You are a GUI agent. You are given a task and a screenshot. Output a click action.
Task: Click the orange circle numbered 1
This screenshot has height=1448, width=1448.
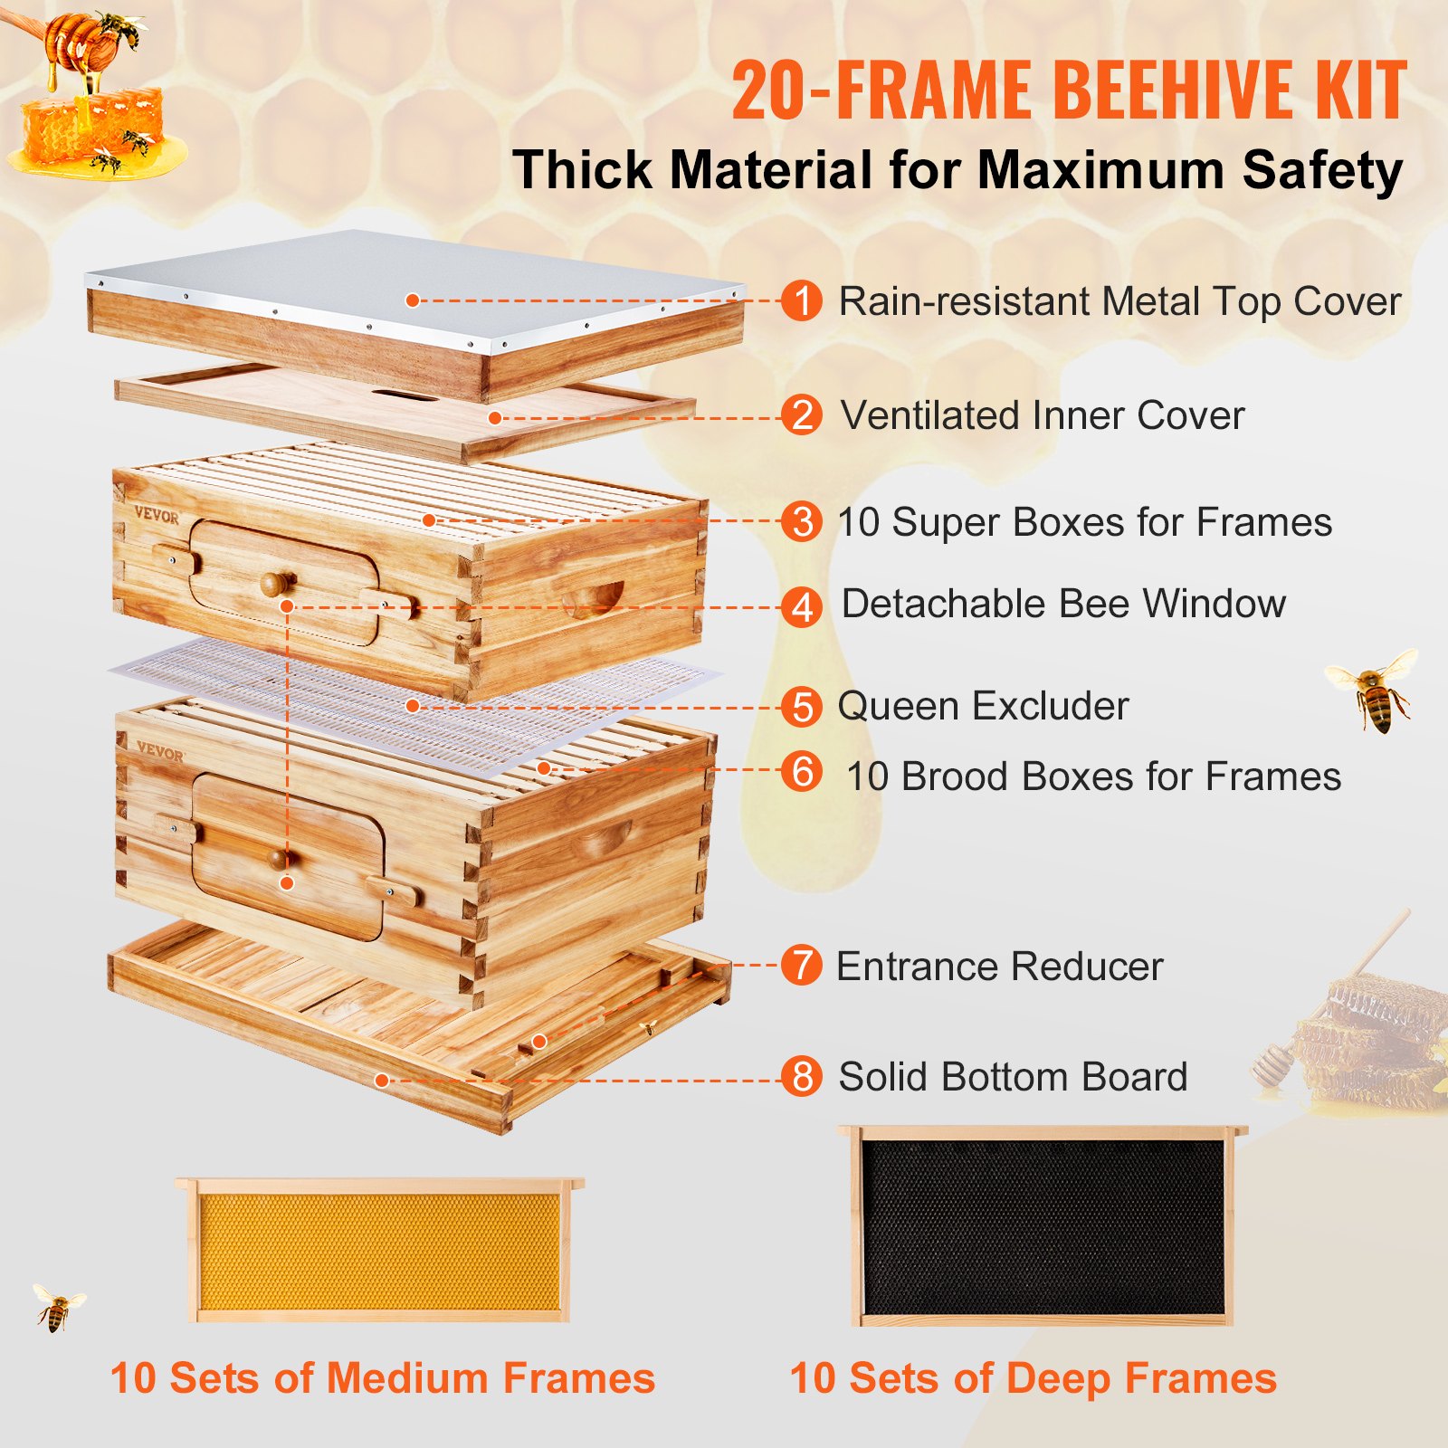click(x=801, y=300)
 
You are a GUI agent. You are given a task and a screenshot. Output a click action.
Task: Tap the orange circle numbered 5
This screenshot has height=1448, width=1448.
click(x=801, y=707)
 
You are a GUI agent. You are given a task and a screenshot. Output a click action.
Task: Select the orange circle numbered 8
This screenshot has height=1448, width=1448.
click(x=801, y=1077)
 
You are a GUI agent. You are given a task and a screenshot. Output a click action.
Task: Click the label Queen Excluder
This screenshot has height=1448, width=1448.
click(x=983, y=706)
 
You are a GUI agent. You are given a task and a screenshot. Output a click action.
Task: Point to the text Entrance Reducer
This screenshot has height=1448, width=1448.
click(x=999, y=967)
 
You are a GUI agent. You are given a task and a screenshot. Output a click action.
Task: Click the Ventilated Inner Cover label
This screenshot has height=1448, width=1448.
click(x=1042, y=416)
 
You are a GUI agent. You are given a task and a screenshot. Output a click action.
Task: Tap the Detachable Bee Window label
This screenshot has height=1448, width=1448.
click(x=1062, y=604)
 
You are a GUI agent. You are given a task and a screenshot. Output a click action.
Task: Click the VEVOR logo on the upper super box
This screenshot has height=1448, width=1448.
click(x=157, y=515)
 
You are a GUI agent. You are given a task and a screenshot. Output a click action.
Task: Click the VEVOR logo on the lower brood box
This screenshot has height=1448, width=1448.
click(x=159, y=750)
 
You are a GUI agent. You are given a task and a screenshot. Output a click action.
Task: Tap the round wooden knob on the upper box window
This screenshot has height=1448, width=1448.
click(x=277, y=583)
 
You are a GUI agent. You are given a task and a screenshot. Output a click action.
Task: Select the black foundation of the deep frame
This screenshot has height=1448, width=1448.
click(x=1042, y=1226)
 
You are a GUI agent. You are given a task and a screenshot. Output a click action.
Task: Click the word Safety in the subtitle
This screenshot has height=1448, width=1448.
click(x=1321, y=170)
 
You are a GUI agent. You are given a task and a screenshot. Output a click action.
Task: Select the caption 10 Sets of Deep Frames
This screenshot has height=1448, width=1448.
click(x=1033, y=1378)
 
